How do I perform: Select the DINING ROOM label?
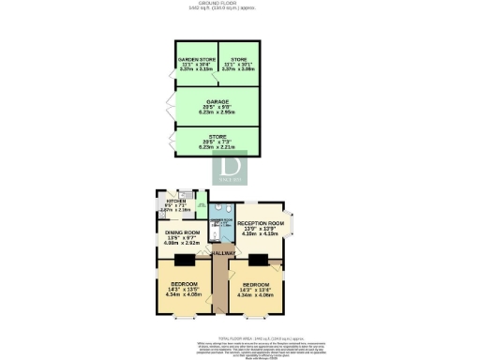pos(183,234)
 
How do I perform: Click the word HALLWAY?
pos(222,252)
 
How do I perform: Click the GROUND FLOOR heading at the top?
pos(241,4)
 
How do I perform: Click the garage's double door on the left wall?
pos(168,101)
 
